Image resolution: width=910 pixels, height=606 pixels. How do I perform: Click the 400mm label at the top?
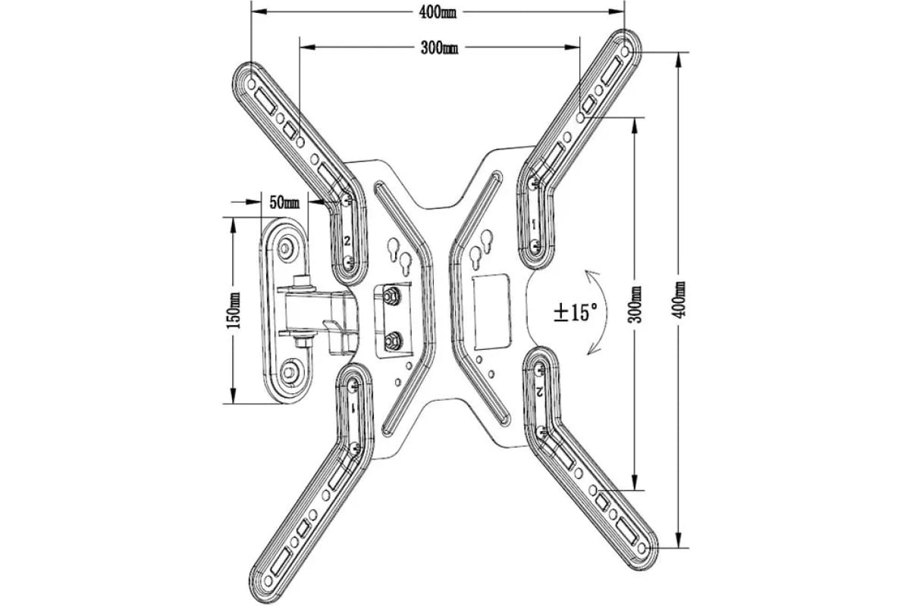click(x=438, y=12)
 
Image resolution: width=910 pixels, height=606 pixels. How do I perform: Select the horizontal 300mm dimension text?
click(x=439, y=48)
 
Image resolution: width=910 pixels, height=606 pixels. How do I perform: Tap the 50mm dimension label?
click(x=284, y=202)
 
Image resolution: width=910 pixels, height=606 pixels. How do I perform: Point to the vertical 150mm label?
click(x=234, y=310)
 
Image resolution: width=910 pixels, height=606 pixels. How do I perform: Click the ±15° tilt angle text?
click(x=575, y=312)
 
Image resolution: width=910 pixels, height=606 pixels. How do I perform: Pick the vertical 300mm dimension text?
click(x=635, y=304)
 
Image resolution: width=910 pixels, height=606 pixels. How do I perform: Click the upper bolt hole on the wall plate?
click(x=288, y=246)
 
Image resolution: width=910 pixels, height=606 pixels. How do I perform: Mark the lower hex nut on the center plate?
click(x=392, y=342)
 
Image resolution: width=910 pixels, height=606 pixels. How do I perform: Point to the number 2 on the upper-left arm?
click(x=347, y=241)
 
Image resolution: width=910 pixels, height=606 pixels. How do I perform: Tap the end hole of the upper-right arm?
click(x=625, y=50)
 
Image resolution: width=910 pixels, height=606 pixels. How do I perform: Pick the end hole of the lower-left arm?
click(x=267, y=579)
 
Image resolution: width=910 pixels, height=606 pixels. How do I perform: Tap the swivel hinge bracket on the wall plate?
click(x=318, y=311)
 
